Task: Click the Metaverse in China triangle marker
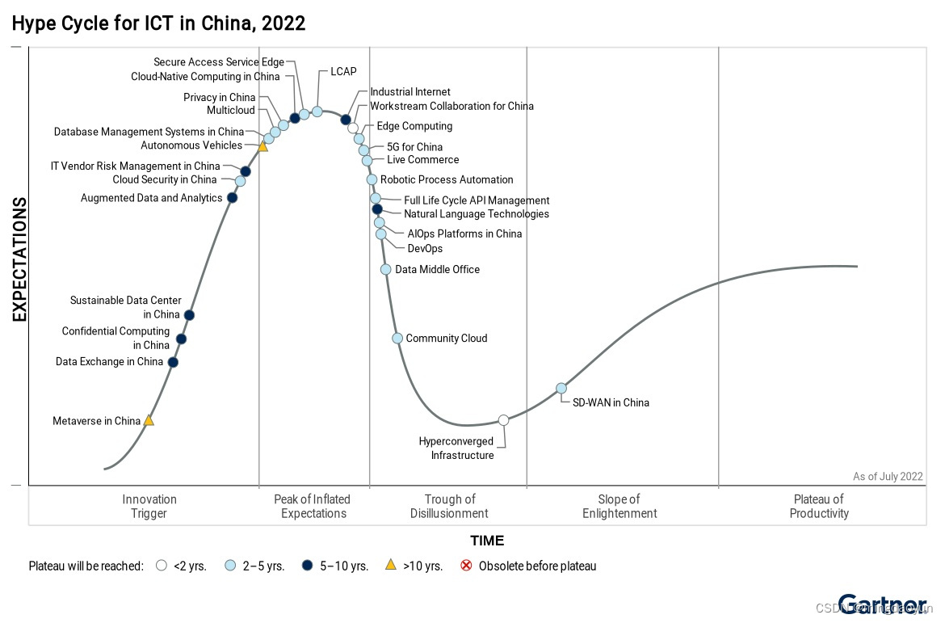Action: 149,420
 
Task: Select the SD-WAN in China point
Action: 561,388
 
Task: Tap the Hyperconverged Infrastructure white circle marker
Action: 503,419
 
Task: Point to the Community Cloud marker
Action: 397,338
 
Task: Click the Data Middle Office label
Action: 437,269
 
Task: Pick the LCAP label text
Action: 343,72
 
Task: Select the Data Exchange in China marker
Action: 173,362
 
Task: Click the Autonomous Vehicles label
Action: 191,145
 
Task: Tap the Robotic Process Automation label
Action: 447,179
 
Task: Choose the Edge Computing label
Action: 414,126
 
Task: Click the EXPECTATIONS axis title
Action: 19,259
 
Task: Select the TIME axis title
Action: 487,541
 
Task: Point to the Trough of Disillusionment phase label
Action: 449,506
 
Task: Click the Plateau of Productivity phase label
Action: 819,506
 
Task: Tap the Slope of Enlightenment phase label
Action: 619,506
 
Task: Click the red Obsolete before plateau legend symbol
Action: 466,566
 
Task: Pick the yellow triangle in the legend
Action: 390,566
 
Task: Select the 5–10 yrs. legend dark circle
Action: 308,566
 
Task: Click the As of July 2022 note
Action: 888,476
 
